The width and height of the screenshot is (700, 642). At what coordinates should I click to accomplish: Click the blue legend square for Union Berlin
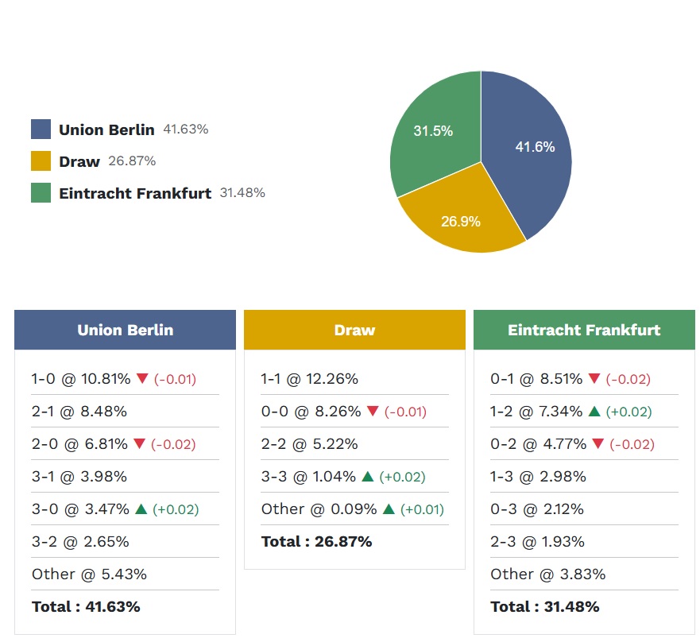coord(41,130)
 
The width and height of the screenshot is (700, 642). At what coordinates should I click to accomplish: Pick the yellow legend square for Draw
coord(41,161)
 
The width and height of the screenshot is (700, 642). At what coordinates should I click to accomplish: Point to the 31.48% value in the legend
coord(242,193)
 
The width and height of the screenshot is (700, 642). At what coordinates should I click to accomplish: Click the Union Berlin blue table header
coord(125,330)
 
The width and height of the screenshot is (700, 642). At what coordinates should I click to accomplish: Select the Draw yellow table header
coord(354,330)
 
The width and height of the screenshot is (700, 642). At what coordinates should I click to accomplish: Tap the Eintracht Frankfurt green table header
coord(584,330)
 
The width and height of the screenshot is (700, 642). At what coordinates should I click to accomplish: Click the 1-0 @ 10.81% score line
coord(81,379)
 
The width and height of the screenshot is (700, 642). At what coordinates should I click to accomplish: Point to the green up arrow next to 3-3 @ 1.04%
coord(368,477)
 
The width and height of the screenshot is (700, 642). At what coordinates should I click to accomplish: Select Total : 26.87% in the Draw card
coord(316,542)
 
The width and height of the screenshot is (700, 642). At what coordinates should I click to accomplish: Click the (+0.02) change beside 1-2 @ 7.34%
coord(628,412)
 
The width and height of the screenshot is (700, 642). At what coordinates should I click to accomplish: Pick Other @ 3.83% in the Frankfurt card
coord(548,574)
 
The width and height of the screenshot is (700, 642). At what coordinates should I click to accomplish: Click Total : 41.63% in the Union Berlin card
coord(86,607)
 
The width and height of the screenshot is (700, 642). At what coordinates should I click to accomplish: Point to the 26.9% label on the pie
coord(461,222)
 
